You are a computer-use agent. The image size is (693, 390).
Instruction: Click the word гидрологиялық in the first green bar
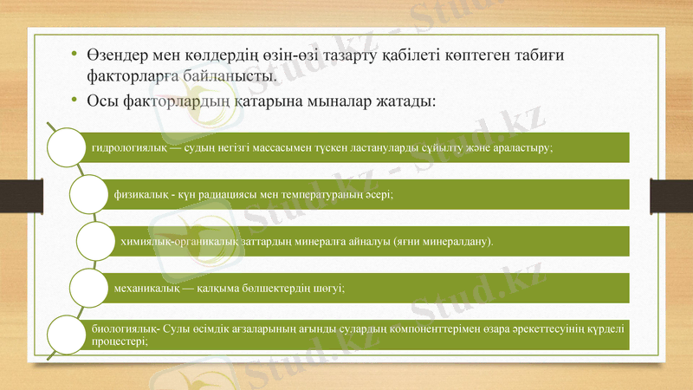[126, 147]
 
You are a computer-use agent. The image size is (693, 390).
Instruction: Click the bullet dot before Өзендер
[75, 55]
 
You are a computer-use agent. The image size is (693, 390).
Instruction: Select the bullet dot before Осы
[75, 102]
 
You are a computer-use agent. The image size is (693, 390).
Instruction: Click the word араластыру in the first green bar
[521, 147]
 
